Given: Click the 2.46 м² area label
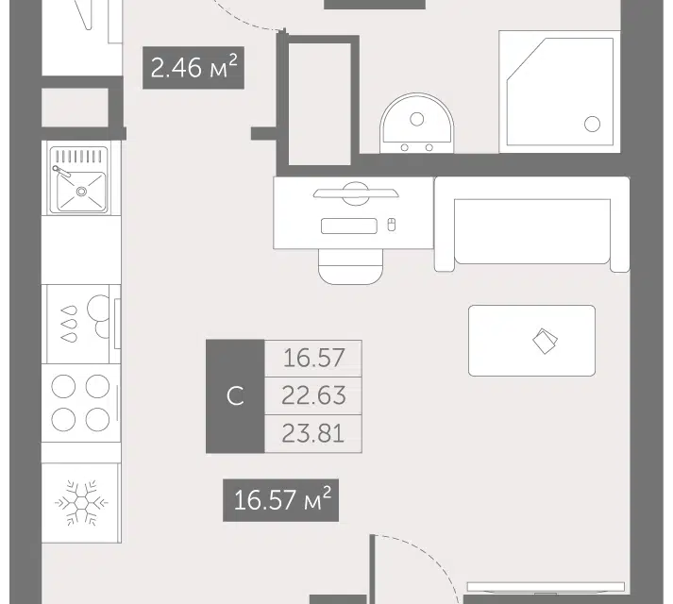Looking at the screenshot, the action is (x=193, y=68).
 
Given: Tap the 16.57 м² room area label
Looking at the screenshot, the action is (x=280, y=500).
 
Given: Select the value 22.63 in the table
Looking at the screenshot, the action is (x=313, y=395).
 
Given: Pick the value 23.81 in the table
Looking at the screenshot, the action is (x=313, y=433).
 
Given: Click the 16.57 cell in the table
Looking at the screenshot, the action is (x=313, y=358).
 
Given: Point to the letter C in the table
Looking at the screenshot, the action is (x=235, y=395).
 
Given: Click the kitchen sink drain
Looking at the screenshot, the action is (x=81, y=192).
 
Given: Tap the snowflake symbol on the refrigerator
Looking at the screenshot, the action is (x=81, y=502).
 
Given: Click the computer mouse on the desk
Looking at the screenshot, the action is (x=391, y=225).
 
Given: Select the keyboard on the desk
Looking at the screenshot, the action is (x=349, y=226).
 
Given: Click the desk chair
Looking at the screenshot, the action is (x=351, y=266).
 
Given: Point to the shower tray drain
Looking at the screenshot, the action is (x=593, y=124).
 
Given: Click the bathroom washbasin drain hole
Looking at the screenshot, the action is (x=417, y=119).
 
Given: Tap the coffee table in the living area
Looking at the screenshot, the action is (x=531, y=341).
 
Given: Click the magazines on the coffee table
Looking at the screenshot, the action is (x=545, y=341).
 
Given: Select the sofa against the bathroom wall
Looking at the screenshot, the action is (x=532, y=224).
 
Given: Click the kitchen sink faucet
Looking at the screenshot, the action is (x=61, y=172).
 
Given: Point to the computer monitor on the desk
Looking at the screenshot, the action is (x=356, y=193).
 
